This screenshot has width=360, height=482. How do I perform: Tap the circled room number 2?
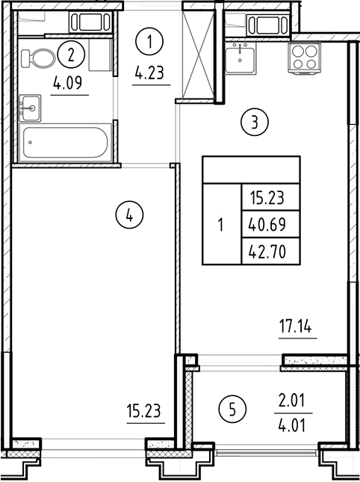[x=71, y=54]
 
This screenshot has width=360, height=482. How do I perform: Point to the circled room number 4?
[x=129, y=216]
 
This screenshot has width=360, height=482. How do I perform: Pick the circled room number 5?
[x=233, y=409]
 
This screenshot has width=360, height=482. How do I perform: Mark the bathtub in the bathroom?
[x=64, y=142]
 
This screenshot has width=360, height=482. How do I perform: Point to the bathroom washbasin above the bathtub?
[x=31, y=107]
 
